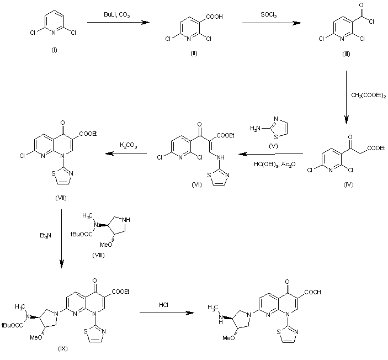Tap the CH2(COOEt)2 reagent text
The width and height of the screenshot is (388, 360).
(366, 95)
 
